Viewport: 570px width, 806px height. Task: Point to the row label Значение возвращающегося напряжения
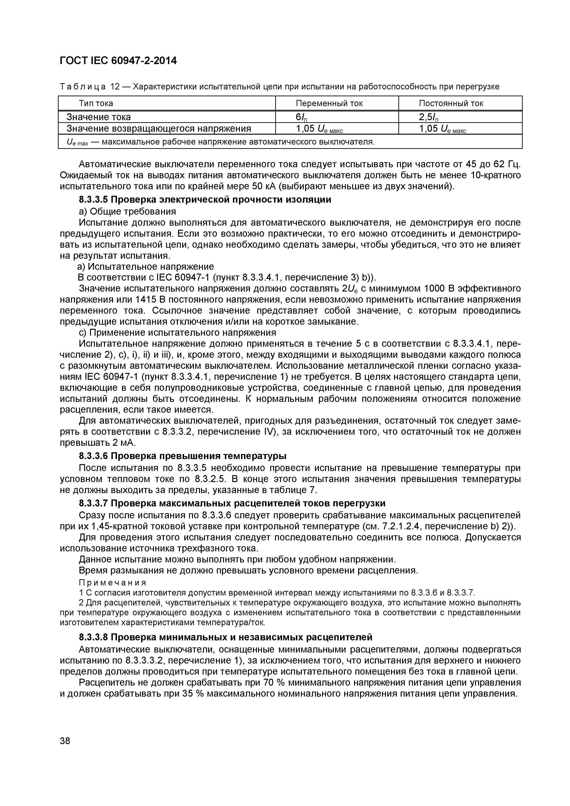point(159,128)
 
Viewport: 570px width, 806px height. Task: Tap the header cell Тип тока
point(96,103)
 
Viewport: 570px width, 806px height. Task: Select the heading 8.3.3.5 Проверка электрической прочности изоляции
point(205,200)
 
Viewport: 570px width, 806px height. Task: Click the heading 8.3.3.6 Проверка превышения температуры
point(182,456)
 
